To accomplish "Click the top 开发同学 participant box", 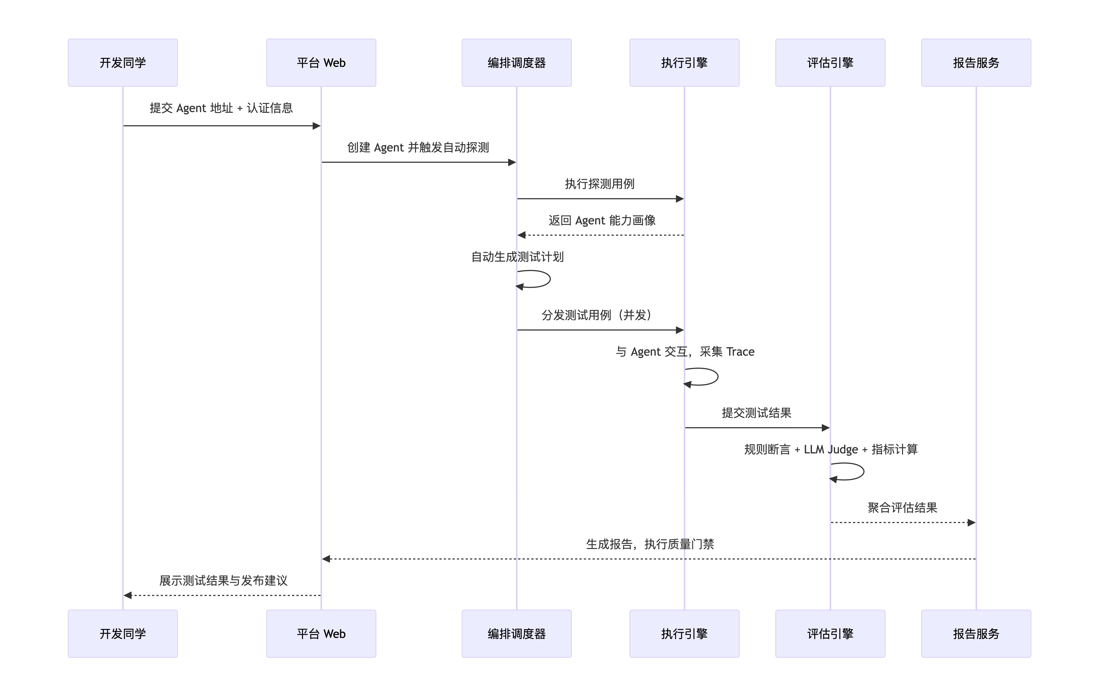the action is point(123,62).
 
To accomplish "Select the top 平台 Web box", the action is point(321,62).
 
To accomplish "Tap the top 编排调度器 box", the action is point(517,62).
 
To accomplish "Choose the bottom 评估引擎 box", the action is point(830,634).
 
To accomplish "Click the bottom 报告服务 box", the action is point(976,634).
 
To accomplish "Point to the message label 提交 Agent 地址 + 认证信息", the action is point(221,108).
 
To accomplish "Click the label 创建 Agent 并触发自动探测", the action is point(418,147).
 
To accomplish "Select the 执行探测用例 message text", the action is point(600,184).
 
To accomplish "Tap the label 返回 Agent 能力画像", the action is point(602,221).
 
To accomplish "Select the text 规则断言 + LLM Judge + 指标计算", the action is point(831,450).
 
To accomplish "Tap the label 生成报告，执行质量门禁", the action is point(650,544).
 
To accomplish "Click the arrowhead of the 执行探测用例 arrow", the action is point(680,199).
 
